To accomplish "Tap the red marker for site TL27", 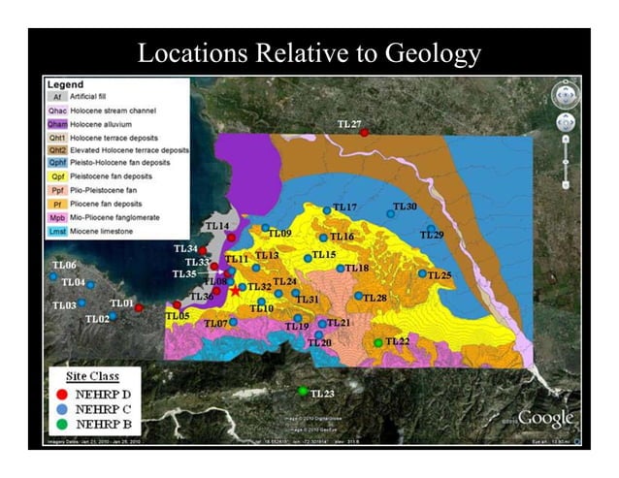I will [x=364, y=133].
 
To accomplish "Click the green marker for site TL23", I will [x=303, y=392].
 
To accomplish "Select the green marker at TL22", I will [x=378, y=342].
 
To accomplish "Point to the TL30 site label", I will [x=405, y=207].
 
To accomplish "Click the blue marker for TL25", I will [x=422, y=274].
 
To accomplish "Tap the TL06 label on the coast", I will [x=64, y=265].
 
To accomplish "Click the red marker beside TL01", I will [x=139, y=308].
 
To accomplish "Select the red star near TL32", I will [x=234, y=290].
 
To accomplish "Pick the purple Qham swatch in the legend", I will [x=57, y=124].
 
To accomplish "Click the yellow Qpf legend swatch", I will [x=57, y=176].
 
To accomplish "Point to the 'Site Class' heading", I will [x=95, y=375].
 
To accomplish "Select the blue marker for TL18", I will [x=340, y=269].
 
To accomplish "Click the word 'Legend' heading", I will [x=65, y=84].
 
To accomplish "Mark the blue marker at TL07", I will [x=233, y=322].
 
